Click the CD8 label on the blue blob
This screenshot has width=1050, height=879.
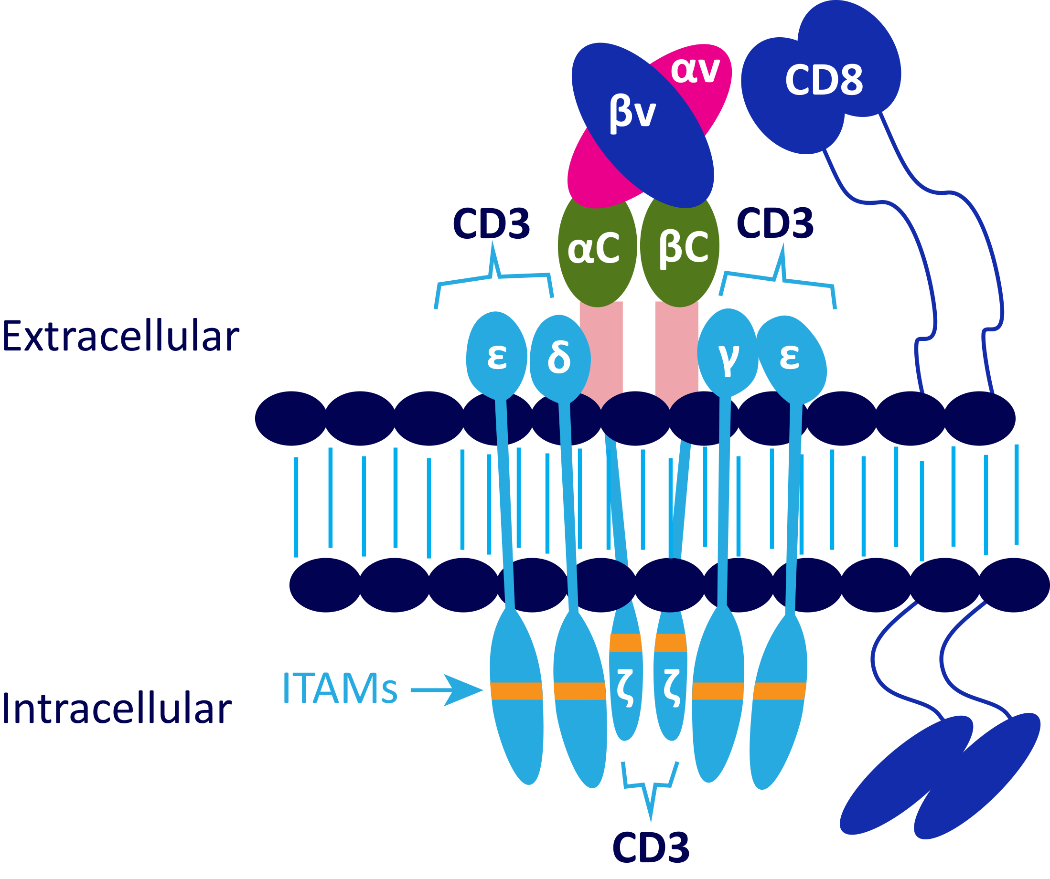(824, 80)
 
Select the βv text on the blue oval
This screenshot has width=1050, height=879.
(632, 114)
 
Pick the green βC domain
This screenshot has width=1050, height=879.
(683, 248)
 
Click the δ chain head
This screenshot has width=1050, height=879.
(559, 357)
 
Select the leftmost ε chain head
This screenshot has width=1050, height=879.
(496, 356)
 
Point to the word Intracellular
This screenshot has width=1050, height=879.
(117, 710)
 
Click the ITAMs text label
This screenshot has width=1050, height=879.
(340, 688)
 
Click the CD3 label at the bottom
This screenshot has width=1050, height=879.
(651, 847)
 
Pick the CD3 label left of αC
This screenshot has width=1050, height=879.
(491, 223)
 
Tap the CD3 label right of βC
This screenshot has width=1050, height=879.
(775, 223)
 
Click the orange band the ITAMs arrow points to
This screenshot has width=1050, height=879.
(516, 690)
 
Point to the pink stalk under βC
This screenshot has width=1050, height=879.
(676, 350)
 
